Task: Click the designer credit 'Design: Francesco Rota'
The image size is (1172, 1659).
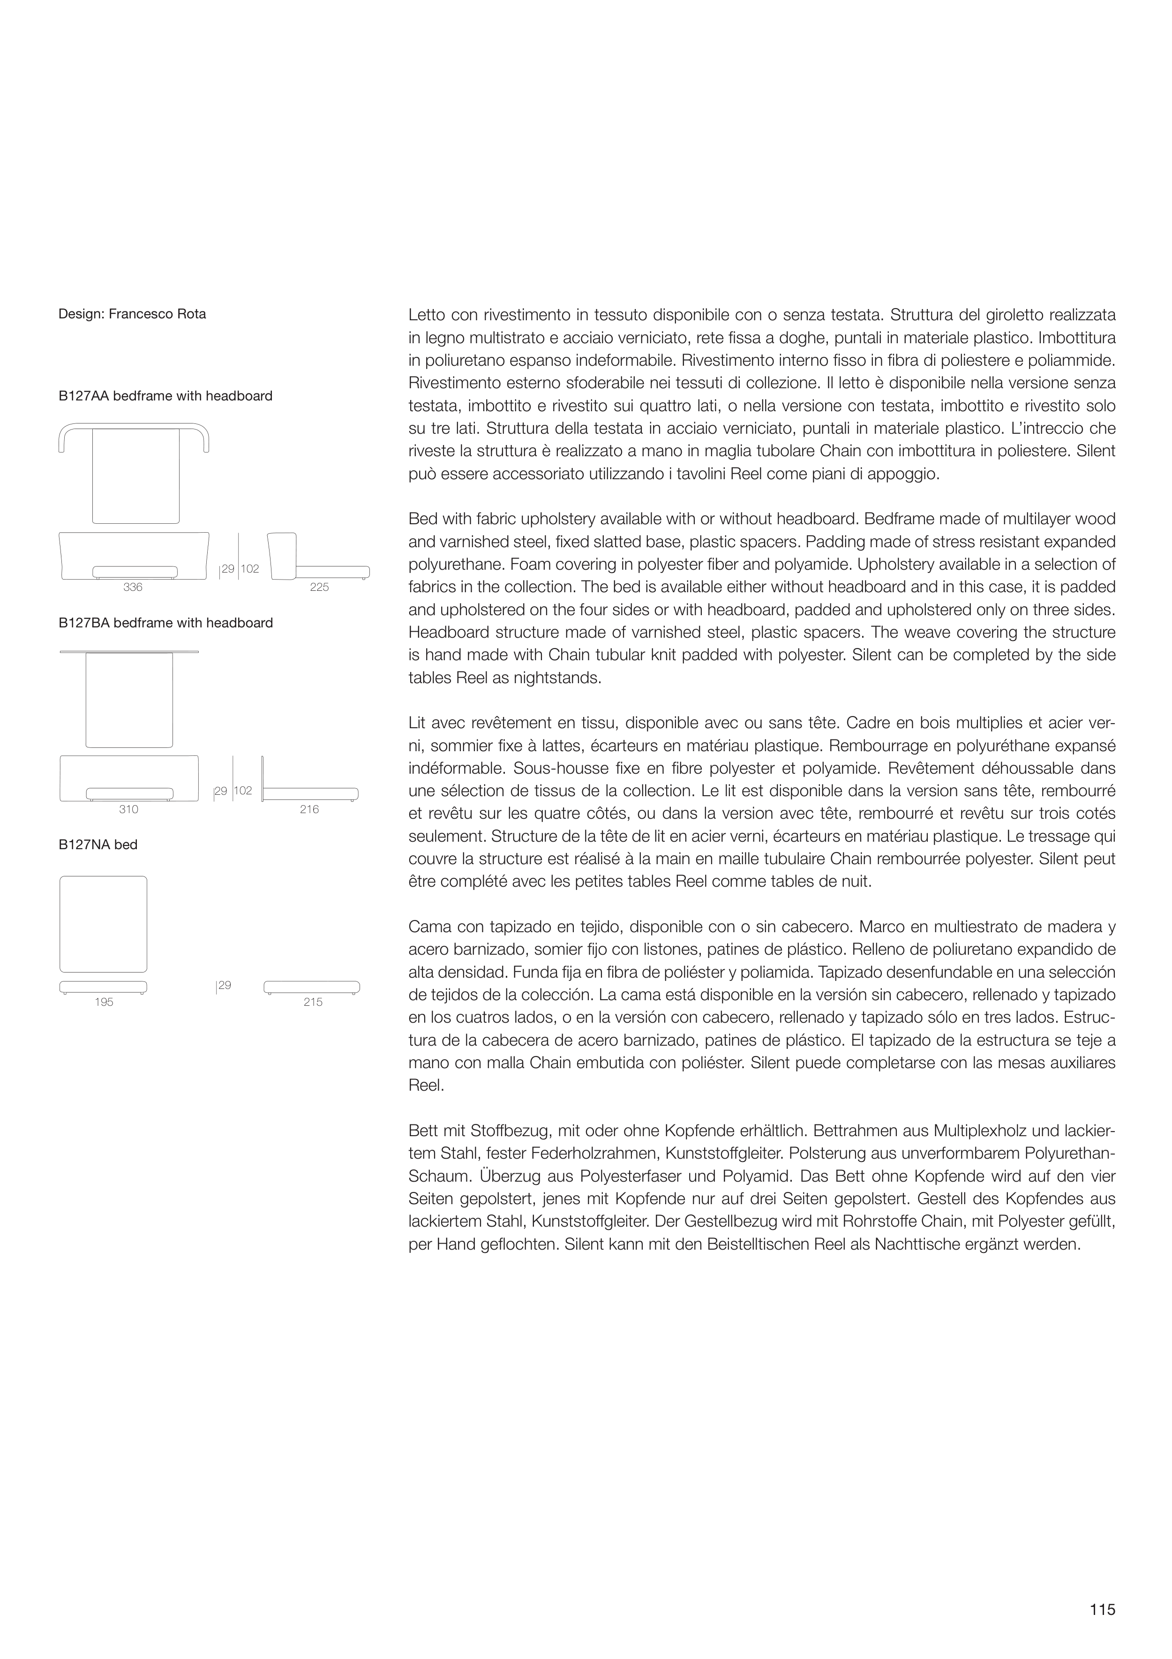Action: click(132, 314)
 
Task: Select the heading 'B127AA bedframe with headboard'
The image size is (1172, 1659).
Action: click(165, 396)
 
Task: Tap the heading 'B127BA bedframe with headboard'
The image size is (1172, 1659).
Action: click(165, 623)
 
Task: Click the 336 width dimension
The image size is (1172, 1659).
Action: click(133, 588)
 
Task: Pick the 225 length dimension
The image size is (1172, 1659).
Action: click(319, 588)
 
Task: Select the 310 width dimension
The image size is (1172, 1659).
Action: click(128, 809)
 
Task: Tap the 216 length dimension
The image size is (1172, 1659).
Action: click(309, 809)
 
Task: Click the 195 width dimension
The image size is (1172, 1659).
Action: click(104, 1002)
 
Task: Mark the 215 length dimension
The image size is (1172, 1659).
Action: click(313, 1002)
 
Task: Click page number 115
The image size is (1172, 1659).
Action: click(1103, 1609)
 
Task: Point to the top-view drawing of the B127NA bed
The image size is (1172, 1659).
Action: click(103, 924)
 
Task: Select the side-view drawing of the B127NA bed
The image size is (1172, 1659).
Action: click(311, 987)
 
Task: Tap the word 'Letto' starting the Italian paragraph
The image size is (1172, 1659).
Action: click(426, 315)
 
